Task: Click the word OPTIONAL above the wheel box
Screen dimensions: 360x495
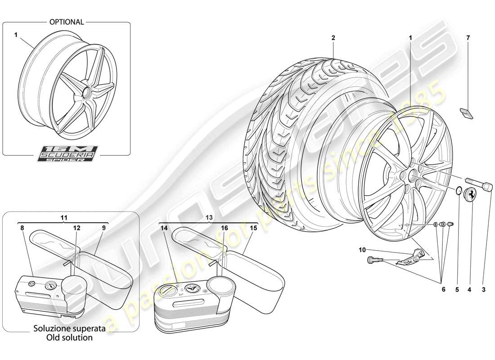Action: (67, 22)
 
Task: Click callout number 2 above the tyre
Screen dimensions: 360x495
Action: (333, 39)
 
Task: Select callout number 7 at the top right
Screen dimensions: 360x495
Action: (468, 39)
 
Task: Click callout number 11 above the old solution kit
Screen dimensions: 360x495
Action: (64, 217)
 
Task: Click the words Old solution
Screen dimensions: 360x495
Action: (70, 337)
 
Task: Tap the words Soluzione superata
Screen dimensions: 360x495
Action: (70, 328)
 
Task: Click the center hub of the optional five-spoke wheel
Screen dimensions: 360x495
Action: (86, 91)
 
